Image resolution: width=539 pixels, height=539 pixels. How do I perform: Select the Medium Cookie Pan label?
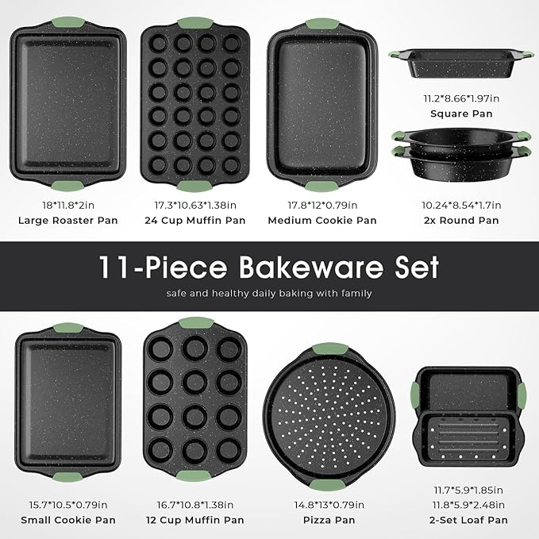tap(321, 220)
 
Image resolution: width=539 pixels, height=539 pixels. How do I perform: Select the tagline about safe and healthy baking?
tap(269, 294)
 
